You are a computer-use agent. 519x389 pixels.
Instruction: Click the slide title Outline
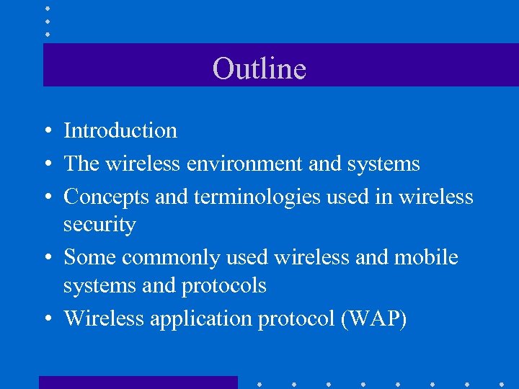pos(259,68)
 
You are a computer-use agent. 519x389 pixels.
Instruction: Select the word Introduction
pos(120,130)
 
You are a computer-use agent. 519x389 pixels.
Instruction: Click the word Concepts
pos(107,196)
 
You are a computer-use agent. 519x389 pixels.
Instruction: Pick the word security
pos(99,225)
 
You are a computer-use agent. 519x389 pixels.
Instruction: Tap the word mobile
pos(425,257)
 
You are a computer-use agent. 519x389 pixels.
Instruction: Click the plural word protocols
pos(223,286)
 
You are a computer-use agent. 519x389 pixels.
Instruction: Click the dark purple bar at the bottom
pos(138,383)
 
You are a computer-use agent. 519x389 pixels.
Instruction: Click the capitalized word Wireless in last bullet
pos(104,318)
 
